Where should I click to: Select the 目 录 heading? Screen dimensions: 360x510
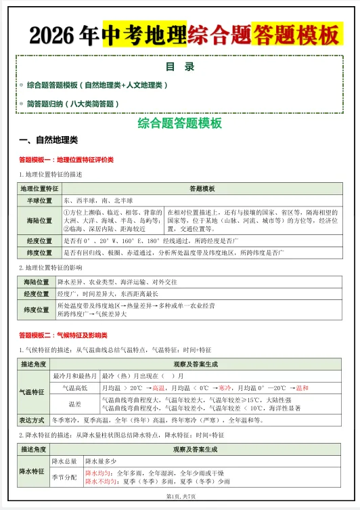coord(179,66)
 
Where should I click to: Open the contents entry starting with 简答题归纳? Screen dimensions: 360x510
coord(73,104)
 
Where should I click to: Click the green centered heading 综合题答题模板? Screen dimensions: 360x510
coord(179,123)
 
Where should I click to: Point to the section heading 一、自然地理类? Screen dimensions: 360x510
coord(49,141)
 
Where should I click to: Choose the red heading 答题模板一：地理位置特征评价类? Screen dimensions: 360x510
coord(66,160)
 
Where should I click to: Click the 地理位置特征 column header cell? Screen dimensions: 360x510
coord(39,189)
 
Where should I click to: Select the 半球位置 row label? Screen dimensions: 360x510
coord(39,201)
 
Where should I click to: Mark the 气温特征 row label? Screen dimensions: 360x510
coord(32,391)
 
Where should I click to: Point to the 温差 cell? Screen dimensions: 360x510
coord(74,404)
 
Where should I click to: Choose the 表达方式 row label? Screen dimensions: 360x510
coord(32,420)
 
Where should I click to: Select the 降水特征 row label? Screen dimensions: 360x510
coord(32,471)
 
